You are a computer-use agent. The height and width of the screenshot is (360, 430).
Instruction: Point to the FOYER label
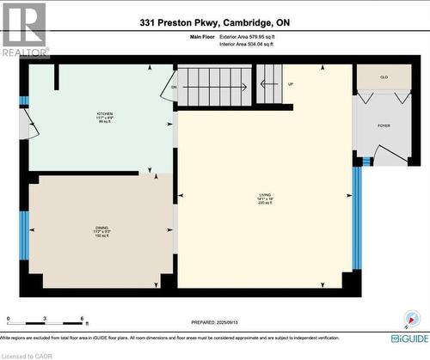pos(384,125)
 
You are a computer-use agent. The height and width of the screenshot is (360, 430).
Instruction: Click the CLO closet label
pos(384,77)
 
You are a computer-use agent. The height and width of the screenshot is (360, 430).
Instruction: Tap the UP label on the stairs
pos(291,84)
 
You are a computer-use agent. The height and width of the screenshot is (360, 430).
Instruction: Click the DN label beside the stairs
pos(174,87)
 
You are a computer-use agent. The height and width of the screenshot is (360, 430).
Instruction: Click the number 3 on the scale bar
pos(44,319)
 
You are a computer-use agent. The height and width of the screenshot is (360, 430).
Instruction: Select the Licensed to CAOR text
pos(27,355)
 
